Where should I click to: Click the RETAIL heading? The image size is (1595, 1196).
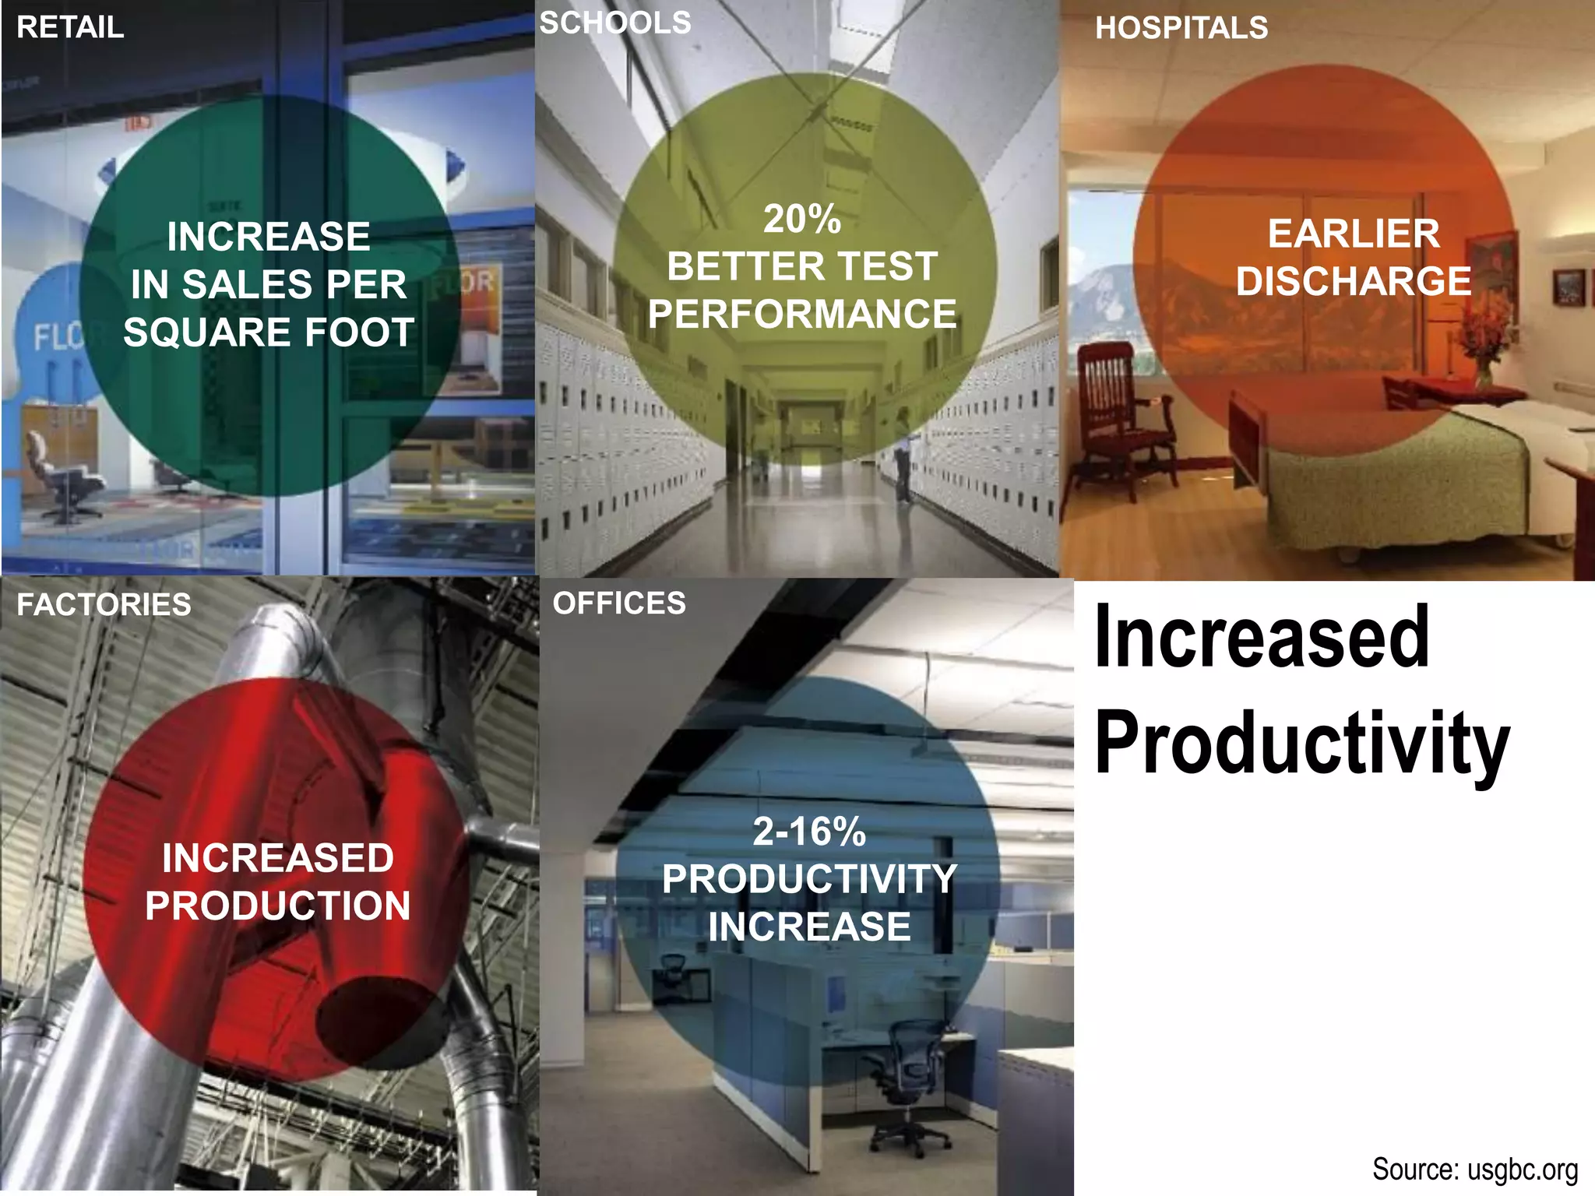click(70, 27)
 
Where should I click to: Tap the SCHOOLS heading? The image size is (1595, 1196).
click(615, 23)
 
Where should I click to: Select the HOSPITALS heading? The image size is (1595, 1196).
click(1181, 28)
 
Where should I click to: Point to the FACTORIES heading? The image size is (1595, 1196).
click(104, 605)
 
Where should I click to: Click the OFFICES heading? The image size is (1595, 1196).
click(619, 603)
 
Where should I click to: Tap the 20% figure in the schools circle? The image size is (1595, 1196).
click(801, 219)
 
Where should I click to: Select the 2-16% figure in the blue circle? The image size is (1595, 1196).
click(809, 832)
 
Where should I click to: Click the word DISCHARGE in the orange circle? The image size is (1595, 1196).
click(1354, 281)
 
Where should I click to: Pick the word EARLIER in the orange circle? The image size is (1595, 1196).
click(1354, 234)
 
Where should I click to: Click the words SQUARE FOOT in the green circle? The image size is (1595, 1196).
click(269, 332)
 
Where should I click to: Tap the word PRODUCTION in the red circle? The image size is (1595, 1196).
click(277, 906)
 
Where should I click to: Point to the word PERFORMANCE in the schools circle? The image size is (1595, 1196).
click(801, 315)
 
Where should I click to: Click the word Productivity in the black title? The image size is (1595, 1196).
click(1302, 744)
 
